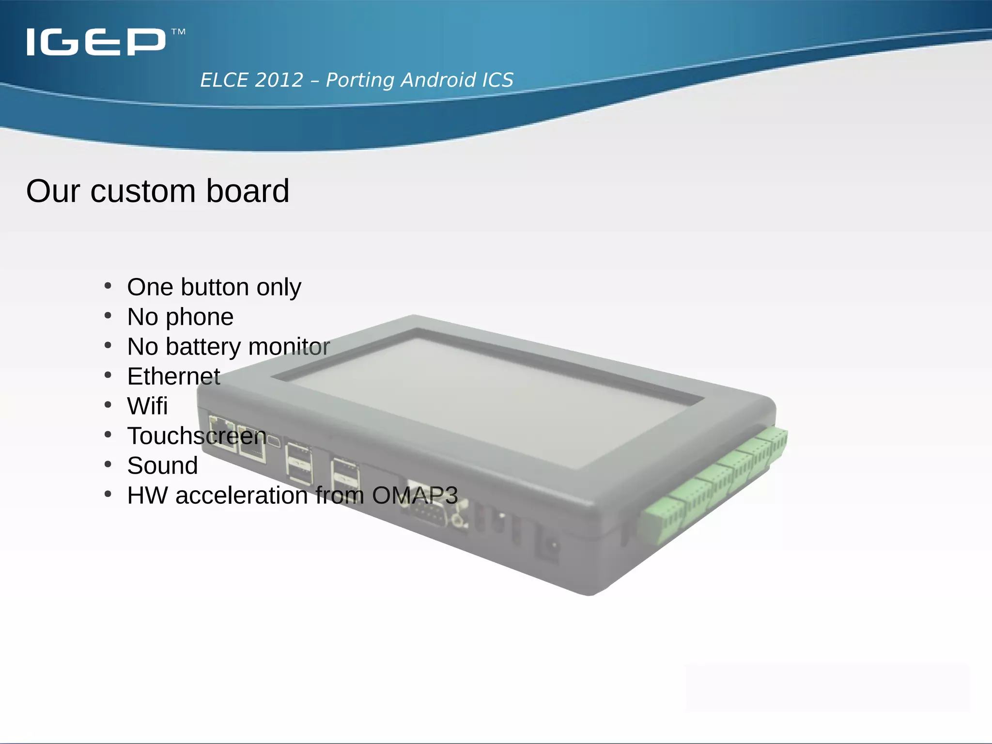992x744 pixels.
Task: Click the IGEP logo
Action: pyautogui.click(x=96, y=42)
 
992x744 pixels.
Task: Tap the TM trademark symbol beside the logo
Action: pyautogui.click(x=178, y=32)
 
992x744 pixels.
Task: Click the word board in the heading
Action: pyautogui.click(x=248, y=191)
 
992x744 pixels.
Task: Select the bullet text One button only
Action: pyautogui.click(x=214, y=287)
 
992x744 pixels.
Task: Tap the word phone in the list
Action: pyautogui.click(x=200, y=318)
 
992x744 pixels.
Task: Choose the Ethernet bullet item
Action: pyautogui.click(x=173, y=376)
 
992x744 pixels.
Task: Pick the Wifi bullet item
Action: pyautogui.click(x=147, y=406)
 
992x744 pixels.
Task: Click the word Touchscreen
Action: pyautogui.click(x=197, y=436)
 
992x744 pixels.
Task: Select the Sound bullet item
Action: pyautogui.click(x=162, y=465)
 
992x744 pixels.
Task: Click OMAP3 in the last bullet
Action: pyautogui.click(x=415, y=495)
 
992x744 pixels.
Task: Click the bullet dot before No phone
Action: pyautogui.click(x=108, y=316)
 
